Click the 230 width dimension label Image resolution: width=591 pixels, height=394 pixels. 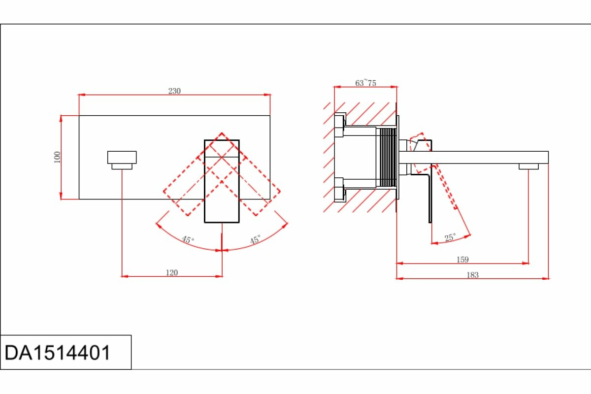coord(175,91)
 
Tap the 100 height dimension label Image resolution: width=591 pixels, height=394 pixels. coord(58,157)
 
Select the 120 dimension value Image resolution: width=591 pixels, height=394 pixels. coord(172,272)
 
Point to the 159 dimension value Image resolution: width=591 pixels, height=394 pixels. coord(462,260)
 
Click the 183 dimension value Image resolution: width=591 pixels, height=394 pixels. coord(472,275)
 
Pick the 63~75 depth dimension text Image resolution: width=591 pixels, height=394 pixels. coord(365,83)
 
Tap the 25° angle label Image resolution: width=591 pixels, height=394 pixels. coord(450,238)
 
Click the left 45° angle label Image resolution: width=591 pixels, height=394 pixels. coord(188,240)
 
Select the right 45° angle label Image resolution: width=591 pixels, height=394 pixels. coord(255,240)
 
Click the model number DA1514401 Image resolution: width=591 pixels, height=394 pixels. coord(58,353)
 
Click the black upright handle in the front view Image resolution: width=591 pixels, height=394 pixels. coord(222,181)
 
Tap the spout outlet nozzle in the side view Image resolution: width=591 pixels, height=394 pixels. coord(528,167)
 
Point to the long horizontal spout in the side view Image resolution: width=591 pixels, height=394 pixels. coord(488,158)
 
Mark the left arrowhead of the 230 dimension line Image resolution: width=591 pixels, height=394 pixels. coord(81,95)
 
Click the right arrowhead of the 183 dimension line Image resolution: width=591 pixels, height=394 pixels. coord(546,278)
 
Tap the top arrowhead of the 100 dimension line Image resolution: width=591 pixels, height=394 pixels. coord(61,118)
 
